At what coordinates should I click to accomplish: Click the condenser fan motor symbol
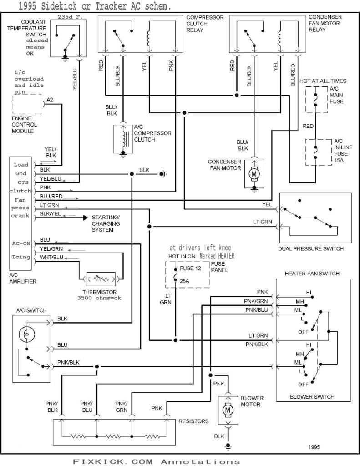pos(254,173)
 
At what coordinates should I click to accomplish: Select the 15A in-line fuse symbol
pos(314,152)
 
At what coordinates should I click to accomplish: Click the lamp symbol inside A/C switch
pos(26,334)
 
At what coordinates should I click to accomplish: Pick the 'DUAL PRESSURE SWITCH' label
pos(311,249)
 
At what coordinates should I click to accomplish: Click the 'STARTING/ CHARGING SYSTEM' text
pos(106,223)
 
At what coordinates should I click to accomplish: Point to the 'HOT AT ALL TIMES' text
pos(323,81)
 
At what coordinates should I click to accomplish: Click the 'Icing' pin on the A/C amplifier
pos(21,257)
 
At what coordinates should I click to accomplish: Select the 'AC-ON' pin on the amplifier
pos(21,243)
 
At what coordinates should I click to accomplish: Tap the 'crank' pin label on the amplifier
pos(20,215)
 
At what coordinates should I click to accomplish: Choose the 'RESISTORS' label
pos(193,421)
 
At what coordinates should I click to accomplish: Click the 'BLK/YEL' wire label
pos(50,213)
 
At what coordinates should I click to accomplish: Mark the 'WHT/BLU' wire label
pos(51,257)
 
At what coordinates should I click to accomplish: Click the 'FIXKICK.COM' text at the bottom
pos(111,461)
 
